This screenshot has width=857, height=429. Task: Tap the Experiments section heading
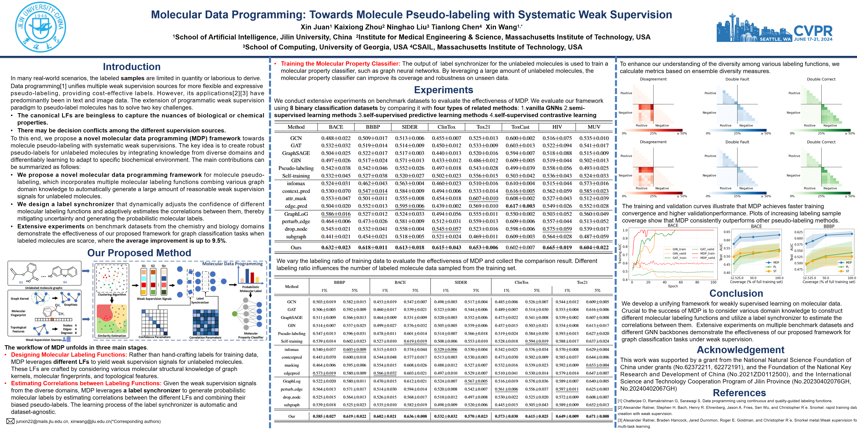(443, 90)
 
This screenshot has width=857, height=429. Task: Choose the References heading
(739, 393)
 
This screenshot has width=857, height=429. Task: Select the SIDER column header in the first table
(410, 127)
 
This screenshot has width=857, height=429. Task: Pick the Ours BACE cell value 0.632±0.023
(336, 247)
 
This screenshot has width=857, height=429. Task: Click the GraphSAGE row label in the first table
(296, 153)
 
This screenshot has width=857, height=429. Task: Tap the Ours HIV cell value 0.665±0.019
(557, 247)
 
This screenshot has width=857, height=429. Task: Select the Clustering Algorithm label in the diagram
(112, 294)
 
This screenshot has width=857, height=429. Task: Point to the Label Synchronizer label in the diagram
(200, 301)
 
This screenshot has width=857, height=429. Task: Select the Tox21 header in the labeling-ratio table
(582, 282)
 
